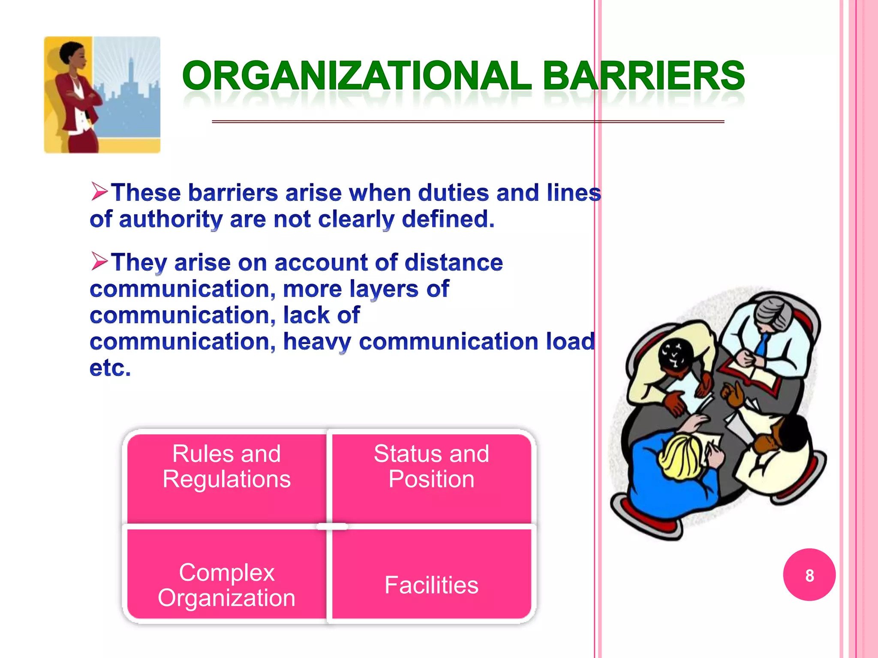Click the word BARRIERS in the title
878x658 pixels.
(643, 76)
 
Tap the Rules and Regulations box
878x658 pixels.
(226, 476)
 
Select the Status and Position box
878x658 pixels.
(431, 476)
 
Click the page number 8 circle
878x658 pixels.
(809, 575)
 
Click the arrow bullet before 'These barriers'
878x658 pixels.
(99, 191)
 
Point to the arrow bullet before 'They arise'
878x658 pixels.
(99, 261)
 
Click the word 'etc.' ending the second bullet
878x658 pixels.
(110, 368)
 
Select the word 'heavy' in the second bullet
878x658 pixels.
(317, 341)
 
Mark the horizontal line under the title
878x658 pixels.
(467, 122)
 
